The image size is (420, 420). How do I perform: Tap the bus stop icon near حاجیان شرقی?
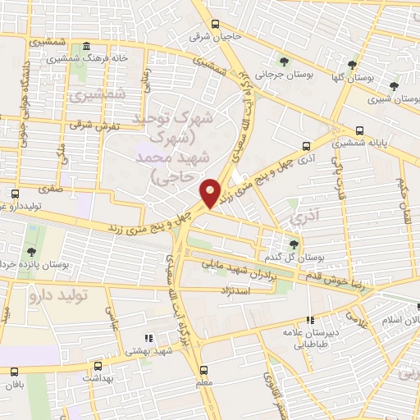[x=216, y=24]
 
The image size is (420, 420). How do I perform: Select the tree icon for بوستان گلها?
[x=352, y=64]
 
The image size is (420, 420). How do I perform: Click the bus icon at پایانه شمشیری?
[x=360, y=130]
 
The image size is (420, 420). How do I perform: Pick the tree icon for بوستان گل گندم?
[x=294, y=244]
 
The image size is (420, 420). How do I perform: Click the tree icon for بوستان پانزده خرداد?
[x=30, y=252]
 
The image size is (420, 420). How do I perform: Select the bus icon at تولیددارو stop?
[x=15, y=194]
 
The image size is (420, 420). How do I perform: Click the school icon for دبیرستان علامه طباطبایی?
[x=309, y=321]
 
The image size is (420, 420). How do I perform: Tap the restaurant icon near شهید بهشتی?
[x=148, y=338]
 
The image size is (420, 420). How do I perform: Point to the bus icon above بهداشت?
[x=98, y=367]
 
